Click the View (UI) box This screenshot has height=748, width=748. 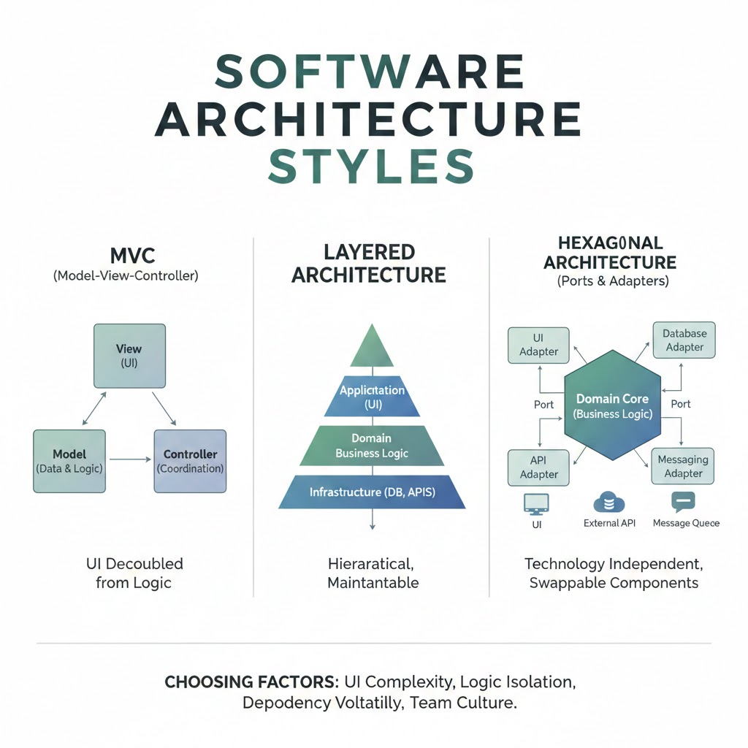(129, 355)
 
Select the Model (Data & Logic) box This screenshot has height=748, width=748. (69, 461)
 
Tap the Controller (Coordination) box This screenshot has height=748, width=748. (190, 461)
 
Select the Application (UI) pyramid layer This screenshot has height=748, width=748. (373, 397)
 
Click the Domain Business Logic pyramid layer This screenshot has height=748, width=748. (373, 446)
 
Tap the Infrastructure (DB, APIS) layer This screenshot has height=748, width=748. (373, 492)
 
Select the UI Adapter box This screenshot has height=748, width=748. (538, 345)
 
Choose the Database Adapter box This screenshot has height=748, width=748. (684, 340)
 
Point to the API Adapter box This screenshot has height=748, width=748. (538, 467)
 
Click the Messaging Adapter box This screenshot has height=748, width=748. (683, 466)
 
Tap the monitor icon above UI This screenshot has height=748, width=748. (536, 503)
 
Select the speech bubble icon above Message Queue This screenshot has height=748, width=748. (683, 501)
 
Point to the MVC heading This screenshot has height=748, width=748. (129, 256)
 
